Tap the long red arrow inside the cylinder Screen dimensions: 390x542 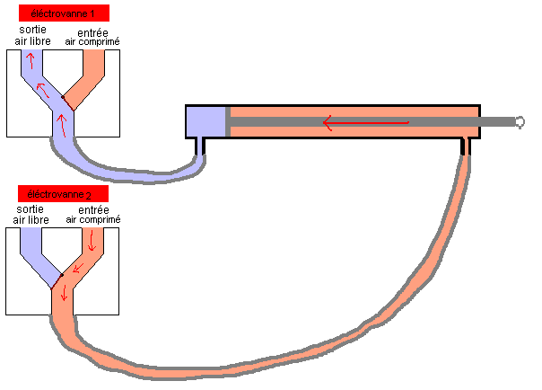tap(368, 122)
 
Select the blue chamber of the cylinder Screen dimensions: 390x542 tap(205, 121)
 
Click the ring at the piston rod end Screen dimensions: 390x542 tap(520, 121)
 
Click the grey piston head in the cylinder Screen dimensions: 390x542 tap(227, 121)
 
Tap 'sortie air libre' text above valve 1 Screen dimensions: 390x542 tap(32, 37)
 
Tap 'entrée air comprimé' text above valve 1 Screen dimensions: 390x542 tap(92, 37)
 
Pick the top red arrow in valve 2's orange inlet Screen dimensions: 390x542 tap(92, 239)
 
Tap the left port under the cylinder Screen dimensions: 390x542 tap(199, 145)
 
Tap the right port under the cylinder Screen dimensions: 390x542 tap(466, 145)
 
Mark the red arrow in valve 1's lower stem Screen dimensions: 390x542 tap(61, 121)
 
